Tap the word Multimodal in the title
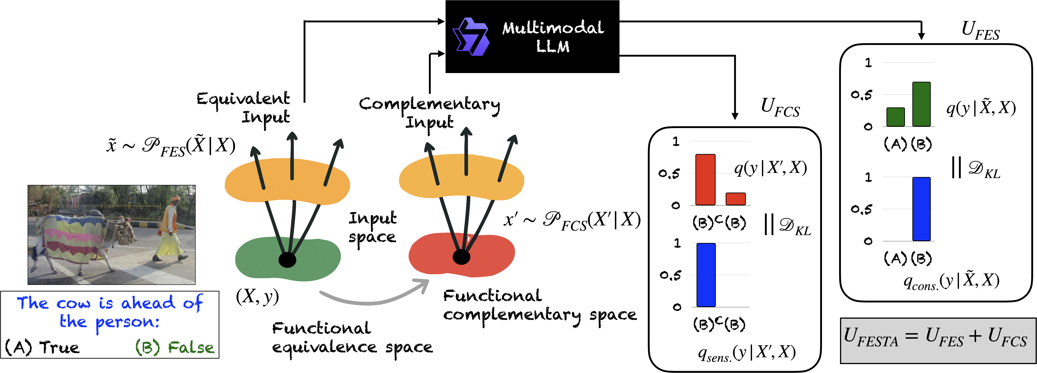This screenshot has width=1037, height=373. (x=553, y=28)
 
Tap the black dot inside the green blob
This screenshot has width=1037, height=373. (x=287, y=260)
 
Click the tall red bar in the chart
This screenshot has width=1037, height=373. (x=705, y=180)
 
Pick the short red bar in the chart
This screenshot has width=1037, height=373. (x=735, y=199)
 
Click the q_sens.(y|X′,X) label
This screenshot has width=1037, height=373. (x=747, y=353)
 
